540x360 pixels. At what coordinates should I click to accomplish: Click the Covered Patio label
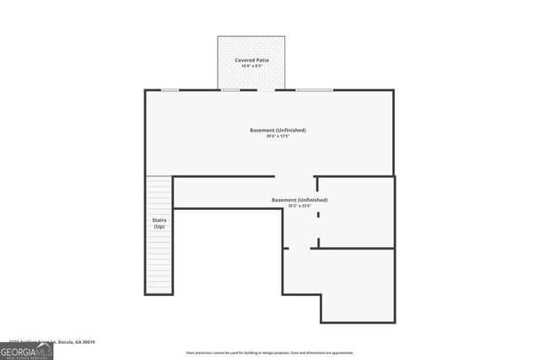pyautogui.click(x=252, y=61)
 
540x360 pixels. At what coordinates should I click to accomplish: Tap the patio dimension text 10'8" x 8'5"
pyautogui.click(x=252, y=67)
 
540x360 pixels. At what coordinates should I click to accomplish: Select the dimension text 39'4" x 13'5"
pyautogui.click(x=278, y=136)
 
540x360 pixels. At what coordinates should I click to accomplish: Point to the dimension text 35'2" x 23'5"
pyautogui.click(x=300, y=205)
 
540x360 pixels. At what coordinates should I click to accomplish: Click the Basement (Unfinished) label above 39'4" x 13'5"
pyautogui.click(x=278, y=130)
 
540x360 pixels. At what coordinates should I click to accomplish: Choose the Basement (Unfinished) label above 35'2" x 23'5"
pyautogui.click(x=300, y=200)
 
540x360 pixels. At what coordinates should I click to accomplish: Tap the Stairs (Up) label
pyautogui.click(x=159, y=223)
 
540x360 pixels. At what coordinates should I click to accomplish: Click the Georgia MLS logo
pyautogui.click(x=26, y=350)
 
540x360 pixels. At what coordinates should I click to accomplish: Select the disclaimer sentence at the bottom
pyautogui.click(x=270, y=352)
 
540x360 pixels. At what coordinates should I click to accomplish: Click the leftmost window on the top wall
pyautogui.click(x=170, y=89)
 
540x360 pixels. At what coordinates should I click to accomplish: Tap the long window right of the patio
pyautogui.click(x=313, y=89)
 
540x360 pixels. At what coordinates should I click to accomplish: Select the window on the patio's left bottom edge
pyautogui.click(x=230, y=89)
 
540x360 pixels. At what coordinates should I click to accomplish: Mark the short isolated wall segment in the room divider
pyautogui.click(x=318, y=216)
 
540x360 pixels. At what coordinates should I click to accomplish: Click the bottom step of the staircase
pyautogui.click(x=159, y=289)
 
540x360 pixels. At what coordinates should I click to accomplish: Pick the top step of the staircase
pyautogui.click(x=159, y=178)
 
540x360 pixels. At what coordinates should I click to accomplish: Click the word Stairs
pyautogui.click(x=159, y=220)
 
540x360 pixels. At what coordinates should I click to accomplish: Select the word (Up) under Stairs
pyautogui.click(x=159, y=227)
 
